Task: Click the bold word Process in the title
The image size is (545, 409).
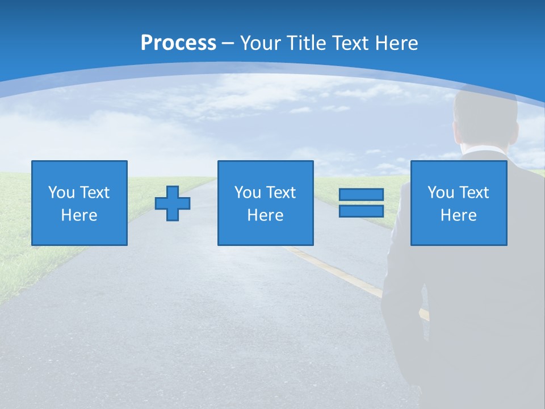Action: pyautogui.click(x=178, y=43)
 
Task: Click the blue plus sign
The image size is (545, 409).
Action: pyautogui.click(x=173, y=203)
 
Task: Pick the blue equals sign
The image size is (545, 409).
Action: pyautogui.click(x=361, y=203)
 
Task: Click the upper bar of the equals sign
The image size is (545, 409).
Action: pyautogui.click(x=361, y=195)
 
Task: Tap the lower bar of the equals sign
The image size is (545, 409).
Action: pyautogui.click(x=361, y=211)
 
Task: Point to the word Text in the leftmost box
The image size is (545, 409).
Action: pyautogui.click(x=95, y=193)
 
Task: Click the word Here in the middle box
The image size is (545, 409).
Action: pyautogui.click(x=265, y=215)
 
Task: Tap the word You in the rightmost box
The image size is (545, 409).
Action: pyautogui.click(x=441, y=193)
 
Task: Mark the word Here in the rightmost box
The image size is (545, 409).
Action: pyautogui.click(x=458, y=215)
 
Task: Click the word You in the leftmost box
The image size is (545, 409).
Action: pyautogui.click(x=61, y=193)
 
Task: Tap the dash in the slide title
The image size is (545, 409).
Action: pyautogui.click(x=228, y=43)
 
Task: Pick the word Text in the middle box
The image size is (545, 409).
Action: pyautogui.click(x=281, y=193)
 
